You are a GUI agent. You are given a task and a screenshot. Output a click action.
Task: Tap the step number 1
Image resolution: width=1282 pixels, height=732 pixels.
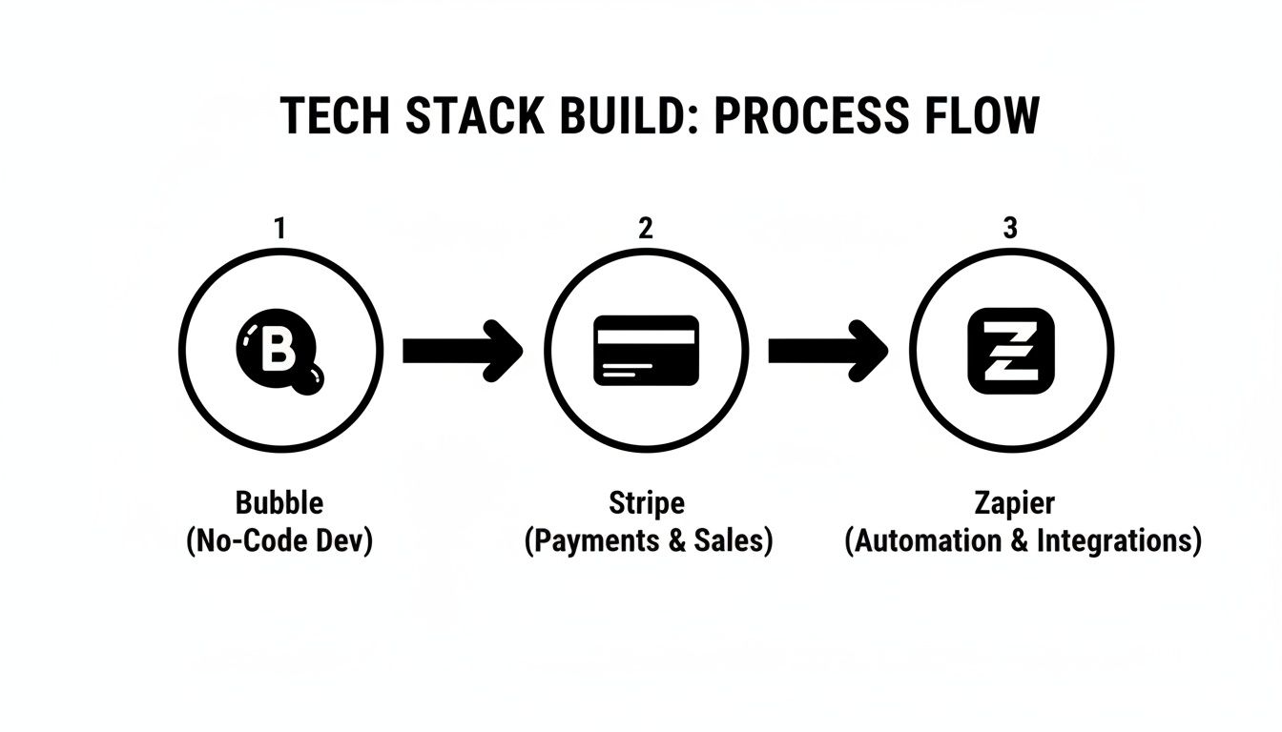[x=279, y=229]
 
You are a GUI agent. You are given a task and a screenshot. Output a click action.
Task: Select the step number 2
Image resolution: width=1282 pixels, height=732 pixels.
[x=646, y=229]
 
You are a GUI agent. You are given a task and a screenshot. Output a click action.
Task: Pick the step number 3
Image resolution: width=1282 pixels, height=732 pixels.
[x=1011, y=229]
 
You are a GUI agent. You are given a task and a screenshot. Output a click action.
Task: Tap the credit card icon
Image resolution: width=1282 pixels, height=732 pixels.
[x=646, y=351]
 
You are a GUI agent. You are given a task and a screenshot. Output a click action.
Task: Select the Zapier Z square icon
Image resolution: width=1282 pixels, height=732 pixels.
[x=1011, y=351]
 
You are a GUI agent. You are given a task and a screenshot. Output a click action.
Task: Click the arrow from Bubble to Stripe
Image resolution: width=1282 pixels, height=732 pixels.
[x=463, y=351]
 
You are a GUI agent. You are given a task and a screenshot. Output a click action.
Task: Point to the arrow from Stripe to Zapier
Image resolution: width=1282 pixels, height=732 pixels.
[x=828, y=351]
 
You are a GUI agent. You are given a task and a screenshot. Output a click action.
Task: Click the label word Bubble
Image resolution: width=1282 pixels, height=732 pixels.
[x=279, y=503]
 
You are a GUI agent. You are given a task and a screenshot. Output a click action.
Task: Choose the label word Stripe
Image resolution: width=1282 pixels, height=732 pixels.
[x=647, y=503]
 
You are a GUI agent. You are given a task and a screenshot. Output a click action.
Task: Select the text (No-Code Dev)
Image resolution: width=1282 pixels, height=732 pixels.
[x=279, y=541]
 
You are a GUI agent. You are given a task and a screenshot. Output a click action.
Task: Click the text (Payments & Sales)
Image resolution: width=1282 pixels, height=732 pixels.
[x=649, y=541]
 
